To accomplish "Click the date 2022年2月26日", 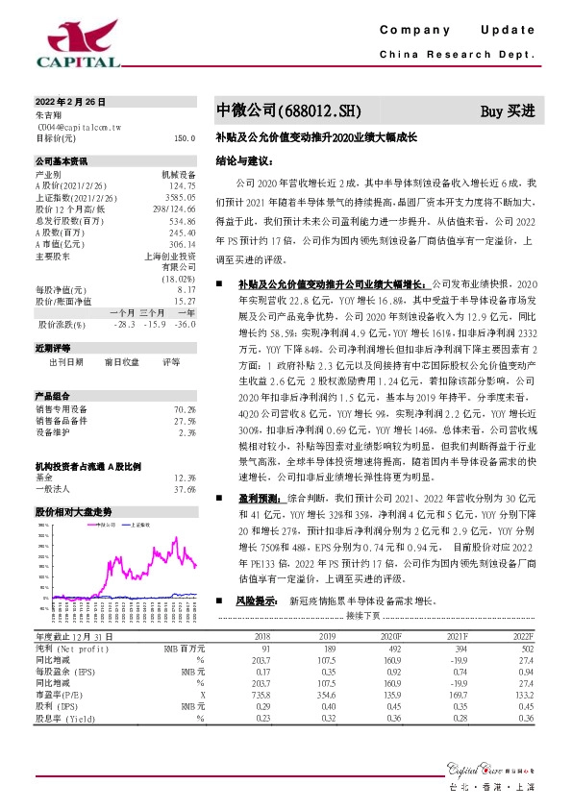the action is (x=70, y=101).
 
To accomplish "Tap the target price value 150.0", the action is (x=184, y=138).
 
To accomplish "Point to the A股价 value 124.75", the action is (x=182, y=184).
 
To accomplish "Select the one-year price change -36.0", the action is (x=186, y=325).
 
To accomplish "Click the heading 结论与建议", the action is (x=239, y=162).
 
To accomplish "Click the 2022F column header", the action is (x=523, y=637).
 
